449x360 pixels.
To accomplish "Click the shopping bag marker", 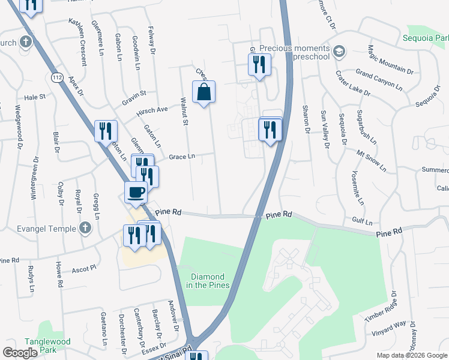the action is (x=204, y=92).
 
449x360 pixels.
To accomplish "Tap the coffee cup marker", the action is (x=136, y=193).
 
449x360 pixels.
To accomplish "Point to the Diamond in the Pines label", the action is (x=210, y=280).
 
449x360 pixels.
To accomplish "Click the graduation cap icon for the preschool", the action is (x=339, y=50).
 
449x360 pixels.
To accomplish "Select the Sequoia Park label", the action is (x=427, y=39).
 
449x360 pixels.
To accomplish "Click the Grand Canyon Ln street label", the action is (x=379, y=79).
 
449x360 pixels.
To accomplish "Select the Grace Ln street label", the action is (x=182, y=157).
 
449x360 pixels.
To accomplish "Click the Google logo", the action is (x=20, y=352).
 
